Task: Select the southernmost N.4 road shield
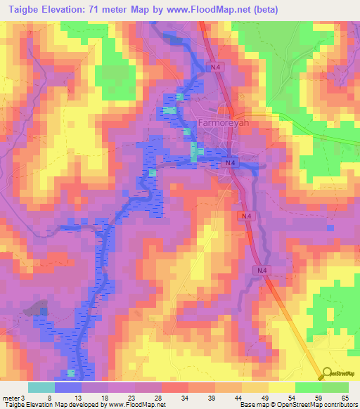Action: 261,270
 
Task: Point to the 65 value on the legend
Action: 345,397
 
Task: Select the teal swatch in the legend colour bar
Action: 41,387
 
